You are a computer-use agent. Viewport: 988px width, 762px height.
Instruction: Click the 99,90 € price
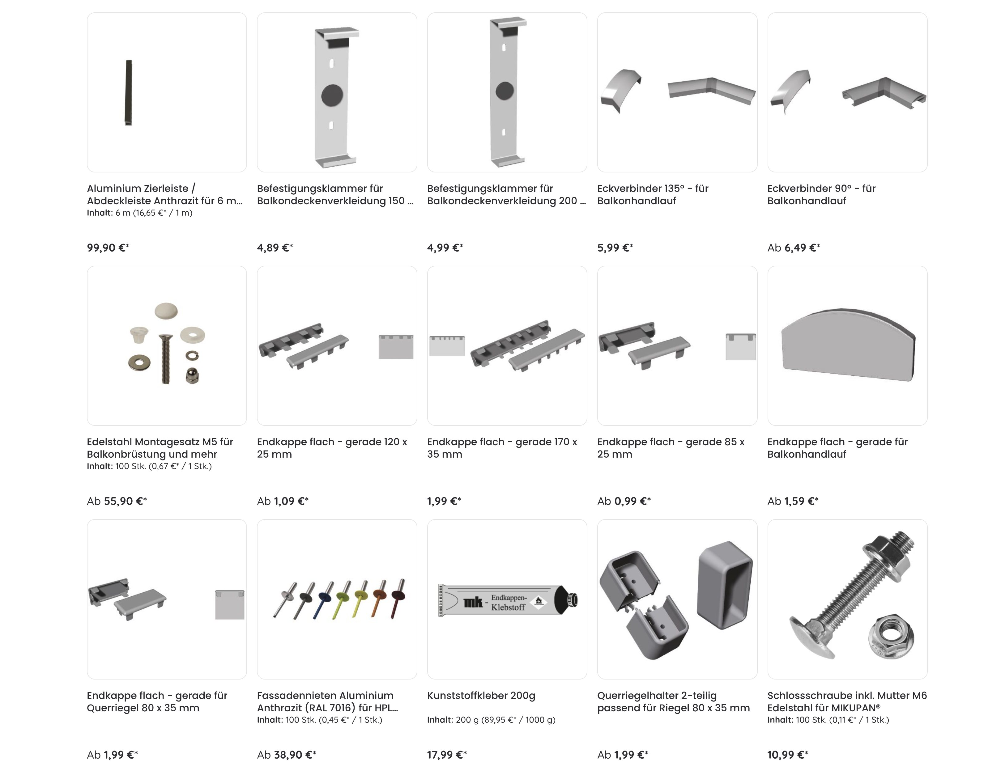tap(108, 248)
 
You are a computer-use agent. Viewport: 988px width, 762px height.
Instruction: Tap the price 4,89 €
tap(275, 248)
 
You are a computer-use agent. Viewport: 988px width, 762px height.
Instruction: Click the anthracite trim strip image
tap(129, 93)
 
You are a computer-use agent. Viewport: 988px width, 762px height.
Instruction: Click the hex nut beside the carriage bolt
tap(891, 637)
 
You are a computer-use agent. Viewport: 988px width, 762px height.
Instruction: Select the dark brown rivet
tap(398, 598)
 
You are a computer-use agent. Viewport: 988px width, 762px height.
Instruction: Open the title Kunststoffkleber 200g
tap(481, 696)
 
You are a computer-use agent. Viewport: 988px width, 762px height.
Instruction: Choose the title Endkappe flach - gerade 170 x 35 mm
tap(502, 448)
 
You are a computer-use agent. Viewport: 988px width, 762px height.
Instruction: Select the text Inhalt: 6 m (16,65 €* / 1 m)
tap(139, 213)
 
